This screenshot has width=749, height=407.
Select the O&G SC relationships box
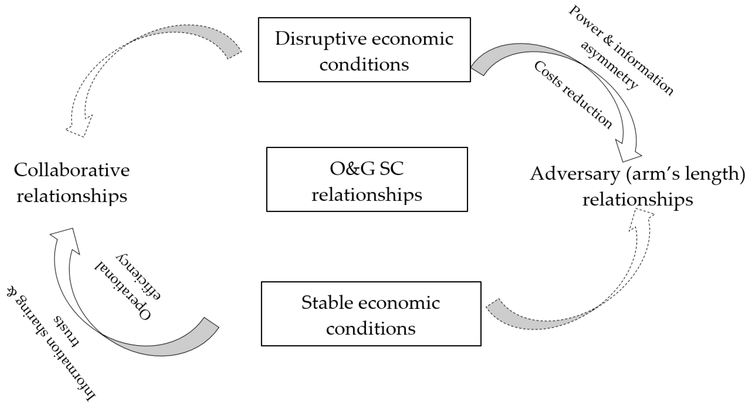(x=367, y=179)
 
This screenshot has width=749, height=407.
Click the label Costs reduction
(x=573, y=95)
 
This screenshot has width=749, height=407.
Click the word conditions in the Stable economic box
(x=371, y=329)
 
